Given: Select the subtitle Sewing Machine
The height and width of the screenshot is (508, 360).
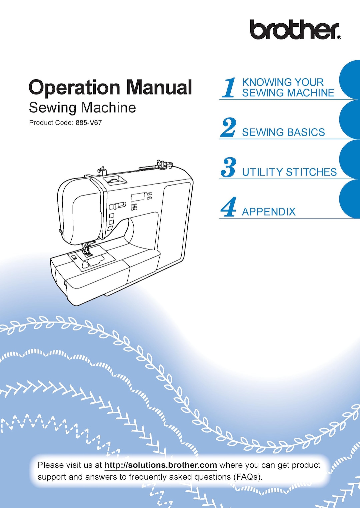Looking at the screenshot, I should pos(82,108).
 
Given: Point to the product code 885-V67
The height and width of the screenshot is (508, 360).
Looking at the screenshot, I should pos(88,123).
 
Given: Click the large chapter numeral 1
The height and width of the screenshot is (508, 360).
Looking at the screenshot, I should pos(229,88).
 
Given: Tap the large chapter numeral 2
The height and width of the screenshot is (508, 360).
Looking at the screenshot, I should pos(228,128).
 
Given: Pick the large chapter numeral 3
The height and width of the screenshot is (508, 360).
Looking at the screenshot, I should pos(228,167).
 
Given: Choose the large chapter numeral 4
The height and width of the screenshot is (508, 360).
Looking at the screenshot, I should pos(229,207).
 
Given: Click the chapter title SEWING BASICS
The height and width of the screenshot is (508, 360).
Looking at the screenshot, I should pos(283,132).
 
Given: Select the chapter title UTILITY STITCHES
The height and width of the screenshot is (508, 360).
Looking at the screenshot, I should pos(289,172).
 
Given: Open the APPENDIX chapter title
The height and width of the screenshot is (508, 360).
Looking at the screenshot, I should pos(269,212).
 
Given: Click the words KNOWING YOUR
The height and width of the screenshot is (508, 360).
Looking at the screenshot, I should pos(283,82).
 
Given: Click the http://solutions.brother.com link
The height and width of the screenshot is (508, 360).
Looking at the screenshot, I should pos(161,465).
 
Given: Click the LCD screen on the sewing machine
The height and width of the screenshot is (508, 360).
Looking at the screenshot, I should pos(138,197).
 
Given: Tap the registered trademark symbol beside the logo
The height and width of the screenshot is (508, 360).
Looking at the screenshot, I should pos(339,38).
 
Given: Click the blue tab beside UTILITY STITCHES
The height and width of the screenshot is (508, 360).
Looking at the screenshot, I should pos(350,159).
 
